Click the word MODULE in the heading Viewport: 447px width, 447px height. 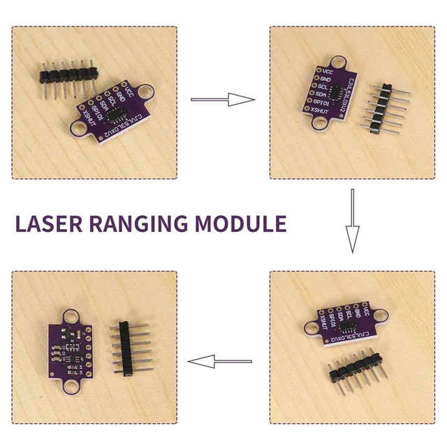coord(240,224)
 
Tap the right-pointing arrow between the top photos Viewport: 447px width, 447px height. coord(223,100)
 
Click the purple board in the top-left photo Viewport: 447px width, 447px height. coord(112,112)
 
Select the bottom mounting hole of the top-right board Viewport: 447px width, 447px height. coord(321,124)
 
